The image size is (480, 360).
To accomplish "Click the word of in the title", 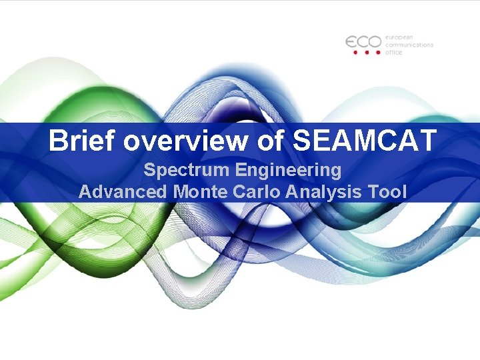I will pyautogui.click(x=273, y=141).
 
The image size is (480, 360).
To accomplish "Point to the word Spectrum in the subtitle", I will pyautogui.click(x=186, y=171).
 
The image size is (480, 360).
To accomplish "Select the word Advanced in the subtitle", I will pyautogui.click(x=123, y=192).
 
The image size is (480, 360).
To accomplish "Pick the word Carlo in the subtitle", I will pyautogui.click(x=259, y=192).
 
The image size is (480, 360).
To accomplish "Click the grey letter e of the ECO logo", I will pyautogui.click(x=353, y=41).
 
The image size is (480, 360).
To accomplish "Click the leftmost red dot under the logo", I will pyautogui.click(x=355, y=52).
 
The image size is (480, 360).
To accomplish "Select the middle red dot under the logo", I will pyautogui.click(x=367, y=52).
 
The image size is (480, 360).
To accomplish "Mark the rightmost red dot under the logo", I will pyautogui.click(x=378, y=52).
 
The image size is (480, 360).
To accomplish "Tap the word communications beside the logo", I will pyautogui.click(x=409, y=45).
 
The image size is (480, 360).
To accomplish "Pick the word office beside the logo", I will pyautogui.click(x=394, y=53).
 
